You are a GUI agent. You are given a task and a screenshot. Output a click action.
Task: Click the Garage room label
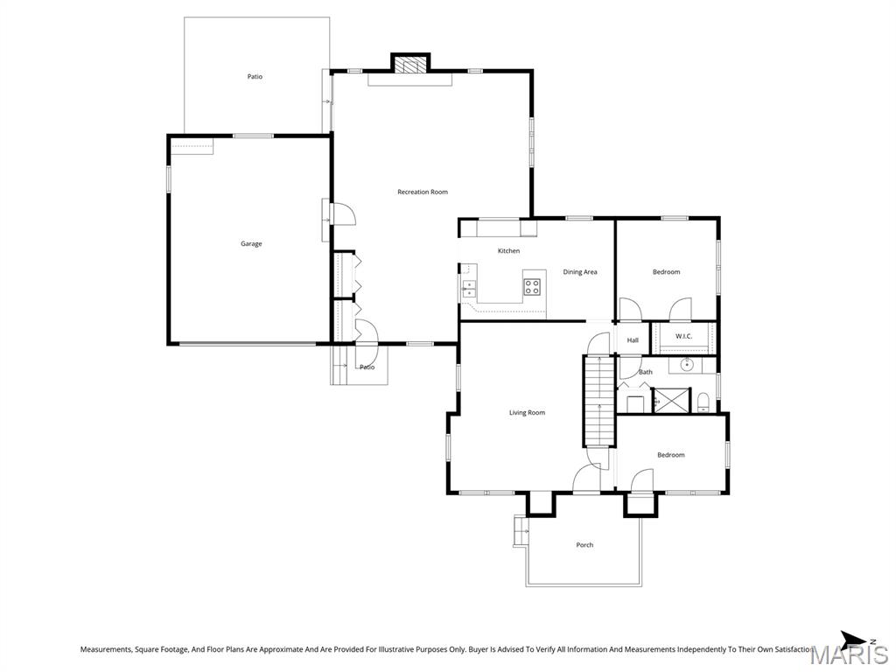[251, 244]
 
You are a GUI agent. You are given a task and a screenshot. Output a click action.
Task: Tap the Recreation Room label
[423, 192]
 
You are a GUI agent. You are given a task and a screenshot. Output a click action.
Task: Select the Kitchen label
[508, 251]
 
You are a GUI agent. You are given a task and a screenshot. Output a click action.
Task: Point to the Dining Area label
[580, 272]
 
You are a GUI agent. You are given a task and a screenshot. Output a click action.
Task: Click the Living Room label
[527, 413]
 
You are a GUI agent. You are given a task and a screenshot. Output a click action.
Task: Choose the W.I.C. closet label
[683, 336]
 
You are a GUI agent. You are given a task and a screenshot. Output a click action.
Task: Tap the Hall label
[633, 340]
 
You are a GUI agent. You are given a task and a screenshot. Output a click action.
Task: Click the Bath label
[646, 372]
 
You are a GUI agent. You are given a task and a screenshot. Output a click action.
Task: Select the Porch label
[584, 545]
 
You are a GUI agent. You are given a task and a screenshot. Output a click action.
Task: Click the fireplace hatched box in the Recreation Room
[410, 64]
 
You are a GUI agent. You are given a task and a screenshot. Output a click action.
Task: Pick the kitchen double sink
[469, 289]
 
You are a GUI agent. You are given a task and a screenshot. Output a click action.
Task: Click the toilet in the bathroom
[703, 402]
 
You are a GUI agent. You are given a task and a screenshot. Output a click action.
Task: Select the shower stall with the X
[672, 400]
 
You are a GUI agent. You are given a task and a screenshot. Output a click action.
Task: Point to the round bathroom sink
[686, 364]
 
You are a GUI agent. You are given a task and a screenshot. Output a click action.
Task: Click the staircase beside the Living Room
[598, 401]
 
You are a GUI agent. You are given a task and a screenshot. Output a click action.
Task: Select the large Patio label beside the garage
[255, 77]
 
